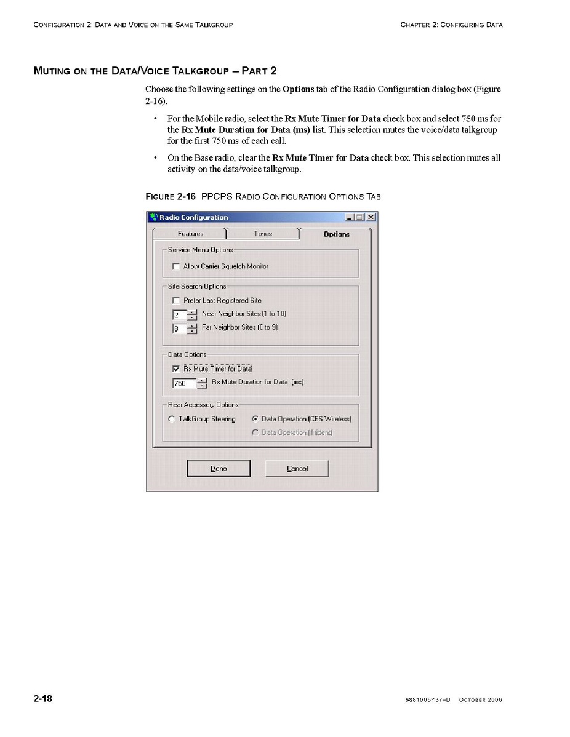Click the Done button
tap(219, 469)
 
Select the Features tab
tap(190, 234)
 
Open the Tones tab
tap(263, 234)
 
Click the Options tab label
tap(337, 234)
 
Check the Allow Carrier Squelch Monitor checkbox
tap(177, 266)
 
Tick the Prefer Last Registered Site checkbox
tap(177, 301)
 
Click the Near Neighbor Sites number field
tap(179, 314)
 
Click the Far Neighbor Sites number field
tap(179, 329)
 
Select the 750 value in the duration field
tap(183, 383)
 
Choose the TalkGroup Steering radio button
tap(172, 419)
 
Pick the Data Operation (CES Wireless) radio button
tap(255, 419)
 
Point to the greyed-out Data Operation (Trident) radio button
tap(255, 432)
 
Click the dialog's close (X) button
tap(371, 217)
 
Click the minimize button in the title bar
tap(351, 217)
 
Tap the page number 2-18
tap(43, 699)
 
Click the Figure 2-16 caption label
tap(171, 197)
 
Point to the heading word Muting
tap(52, 71)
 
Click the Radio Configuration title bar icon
tap(154, 217)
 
